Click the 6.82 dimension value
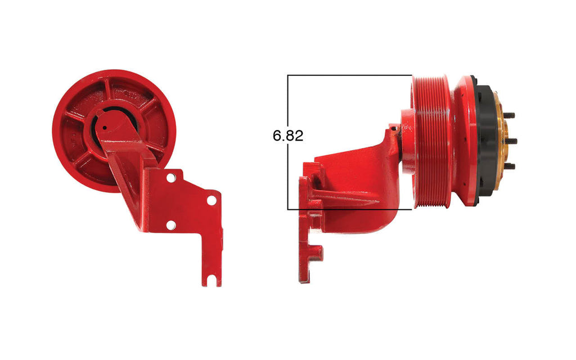(x=288, y=136)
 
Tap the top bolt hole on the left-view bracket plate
(x=171, y=177)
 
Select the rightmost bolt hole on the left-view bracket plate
(x=211, y=200)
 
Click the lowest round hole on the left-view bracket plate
(x=171, y=225)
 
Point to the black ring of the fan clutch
(x=485, y=141)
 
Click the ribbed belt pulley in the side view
(x=432, y=141)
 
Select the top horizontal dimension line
(x=349, y=75)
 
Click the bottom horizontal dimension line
(x=349, y=210)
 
